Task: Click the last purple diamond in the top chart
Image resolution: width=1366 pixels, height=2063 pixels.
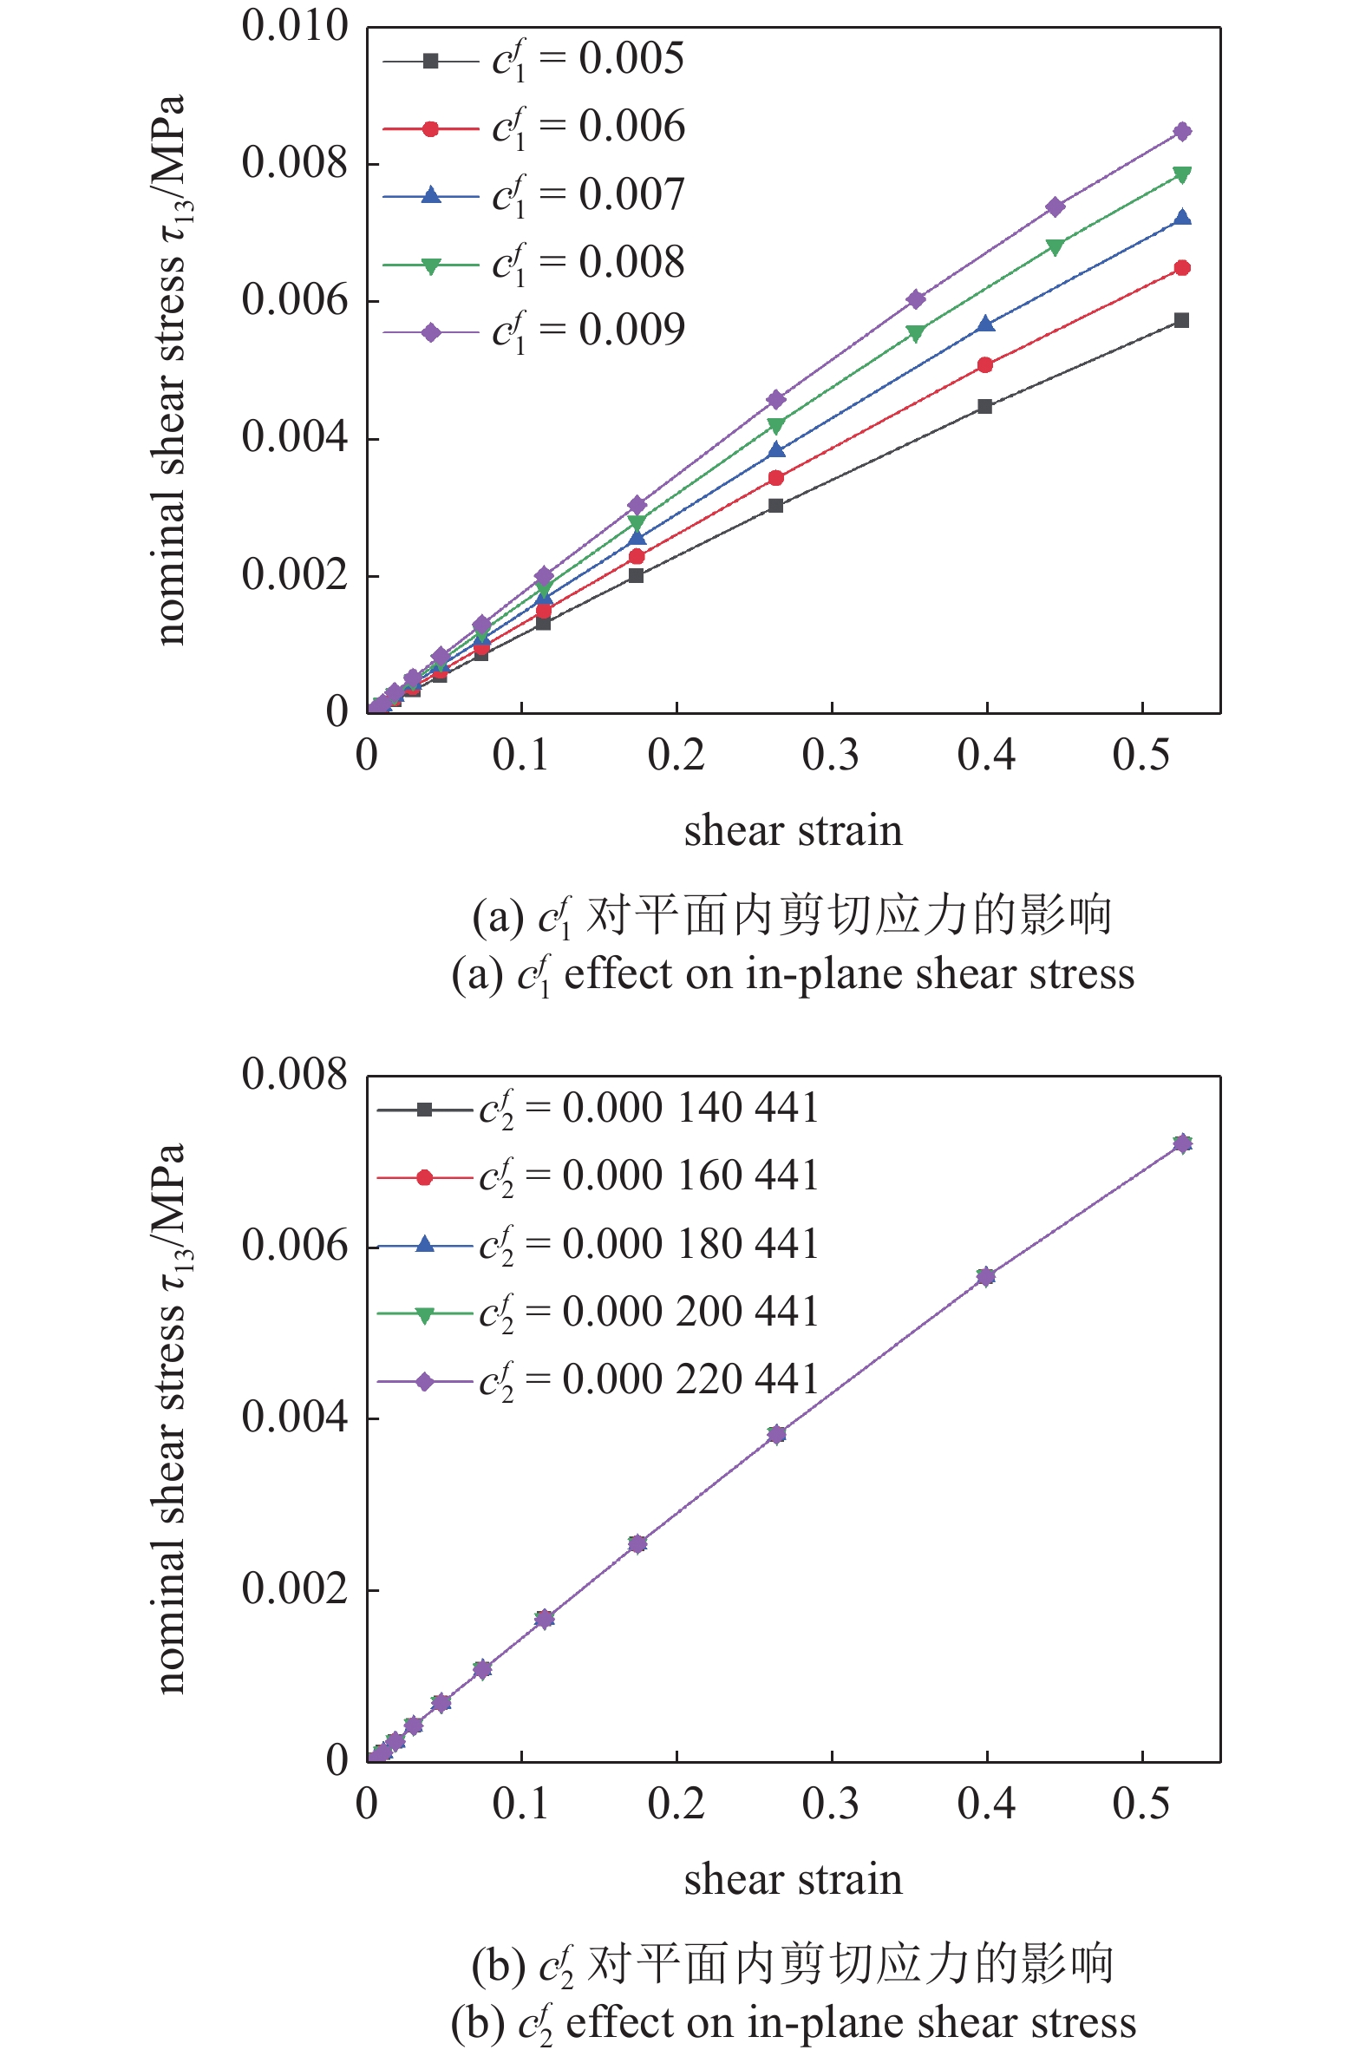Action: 1181,132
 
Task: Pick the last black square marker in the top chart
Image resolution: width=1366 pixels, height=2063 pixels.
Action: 1181,321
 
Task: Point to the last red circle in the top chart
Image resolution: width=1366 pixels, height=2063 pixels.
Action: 1181,267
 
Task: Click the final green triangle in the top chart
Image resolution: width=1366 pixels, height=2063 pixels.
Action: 1181,174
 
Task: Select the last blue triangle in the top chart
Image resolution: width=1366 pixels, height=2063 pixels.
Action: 1181,218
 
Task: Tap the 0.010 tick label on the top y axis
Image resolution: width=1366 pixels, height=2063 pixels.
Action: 295,26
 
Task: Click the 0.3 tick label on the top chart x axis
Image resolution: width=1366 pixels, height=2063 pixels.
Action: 830,756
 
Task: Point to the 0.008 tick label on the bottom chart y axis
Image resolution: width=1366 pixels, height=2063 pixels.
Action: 295,1074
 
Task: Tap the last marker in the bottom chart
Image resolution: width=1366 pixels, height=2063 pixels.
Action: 1181,1143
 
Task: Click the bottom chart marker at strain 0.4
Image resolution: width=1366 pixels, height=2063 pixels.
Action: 985,1276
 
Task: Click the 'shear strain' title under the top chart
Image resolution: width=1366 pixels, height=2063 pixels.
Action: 793,831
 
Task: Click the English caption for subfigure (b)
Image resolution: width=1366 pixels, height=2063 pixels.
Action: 793,2023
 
